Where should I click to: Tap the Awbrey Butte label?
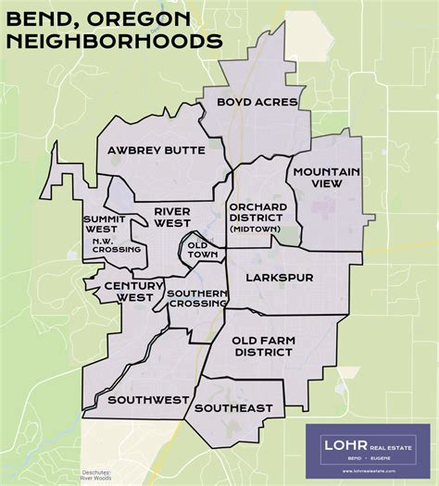[149, 150]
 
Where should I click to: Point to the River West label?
[172, 217]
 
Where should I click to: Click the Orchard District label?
[256, 211]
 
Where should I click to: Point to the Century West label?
[129, 292]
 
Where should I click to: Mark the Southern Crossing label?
[197, 300]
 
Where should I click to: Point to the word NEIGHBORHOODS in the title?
[112, 41]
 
